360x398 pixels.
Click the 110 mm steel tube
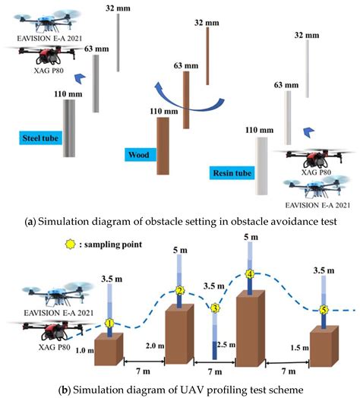click(x=69, y=130)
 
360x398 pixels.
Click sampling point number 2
click(x=180, y=291)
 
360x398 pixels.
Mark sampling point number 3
click(x=216, y=308)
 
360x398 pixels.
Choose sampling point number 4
click(x=250, y=274)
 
